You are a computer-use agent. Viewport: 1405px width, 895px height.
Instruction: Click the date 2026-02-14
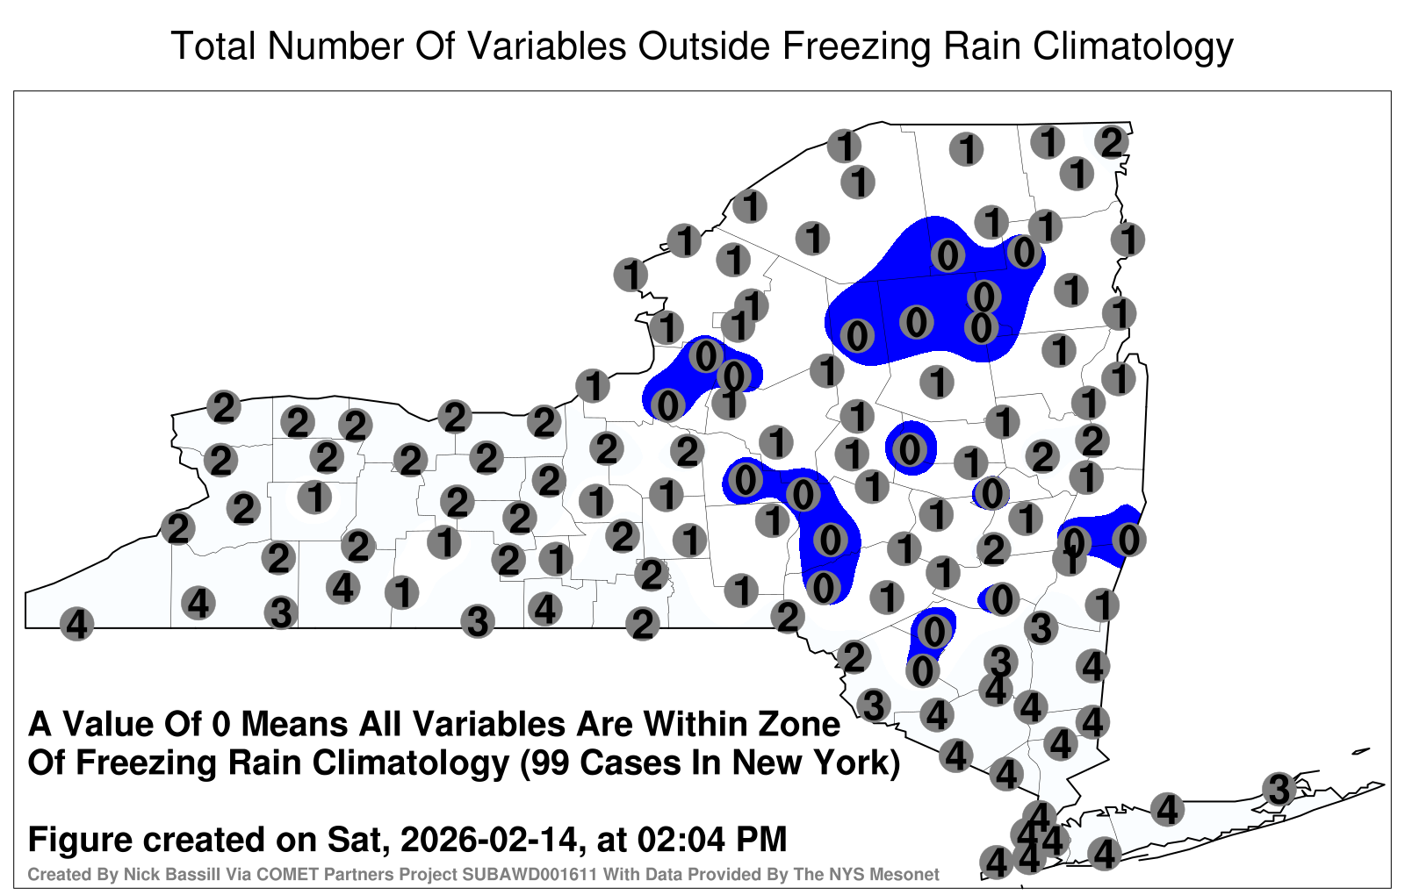click(488, 839)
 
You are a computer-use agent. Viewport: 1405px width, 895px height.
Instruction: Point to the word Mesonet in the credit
click(908, 874)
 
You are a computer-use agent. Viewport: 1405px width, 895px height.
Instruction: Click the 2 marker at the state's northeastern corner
click(1112, 142)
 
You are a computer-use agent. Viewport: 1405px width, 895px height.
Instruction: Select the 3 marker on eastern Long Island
click(1279, 789)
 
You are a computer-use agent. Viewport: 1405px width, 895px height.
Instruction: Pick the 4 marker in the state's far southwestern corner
click(76, 624)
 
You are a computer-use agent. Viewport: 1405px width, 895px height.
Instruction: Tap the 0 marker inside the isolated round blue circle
click(910, 448)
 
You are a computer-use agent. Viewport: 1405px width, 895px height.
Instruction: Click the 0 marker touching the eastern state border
click(1129, 540)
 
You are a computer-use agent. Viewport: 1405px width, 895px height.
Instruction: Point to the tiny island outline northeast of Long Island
click(1361, 751)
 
